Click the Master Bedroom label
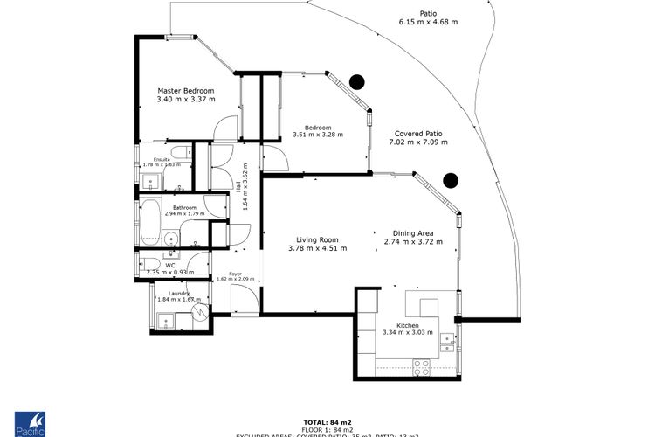(x=185, y=90)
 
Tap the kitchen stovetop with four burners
(x=421, y=368)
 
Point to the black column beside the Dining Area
(x=451, y=181)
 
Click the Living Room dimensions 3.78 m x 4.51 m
(x=317, y=248)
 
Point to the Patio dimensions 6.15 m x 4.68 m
(x=428, y=22)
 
